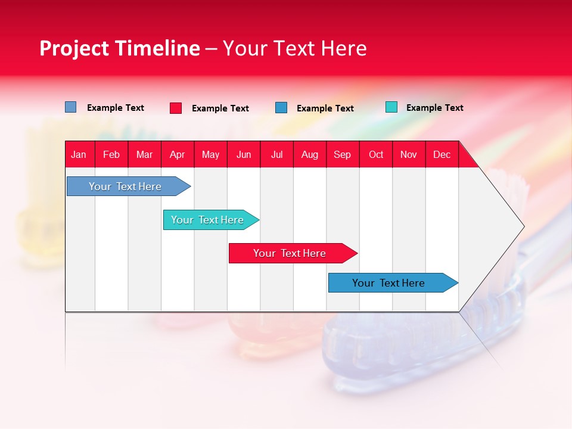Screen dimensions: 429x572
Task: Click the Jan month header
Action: coord(79,154)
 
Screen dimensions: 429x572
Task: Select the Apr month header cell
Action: coord(178,154)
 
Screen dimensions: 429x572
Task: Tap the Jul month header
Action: coord(277,154)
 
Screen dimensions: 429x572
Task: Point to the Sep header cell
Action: coord(343,154)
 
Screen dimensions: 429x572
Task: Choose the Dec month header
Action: coord(442,154)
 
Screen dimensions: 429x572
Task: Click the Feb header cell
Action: coord(111,154)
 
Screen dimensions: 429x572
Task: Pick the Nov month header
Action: coord(409,154)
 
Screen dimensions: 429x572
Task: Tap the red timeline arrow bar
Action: coord(290,253)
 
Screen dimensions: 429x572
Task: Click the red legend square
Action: coord(176,108)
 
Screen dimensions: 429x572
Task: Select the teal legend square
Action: coord(391,107)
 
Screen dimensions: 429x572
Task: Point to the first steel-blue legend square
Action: coord(71,107)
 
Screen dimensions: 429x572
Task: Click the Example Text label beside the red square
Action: coord(220,108)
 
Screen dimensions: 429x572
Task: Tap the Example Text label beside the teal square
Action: coord(435,108)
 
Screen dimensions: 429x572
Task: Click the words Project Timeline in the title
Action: coord(119,48)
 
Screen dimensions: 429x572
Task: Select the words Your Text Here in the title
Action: coord(295,48)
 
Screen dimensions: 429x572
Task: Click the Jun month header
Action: coord(244,154)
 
